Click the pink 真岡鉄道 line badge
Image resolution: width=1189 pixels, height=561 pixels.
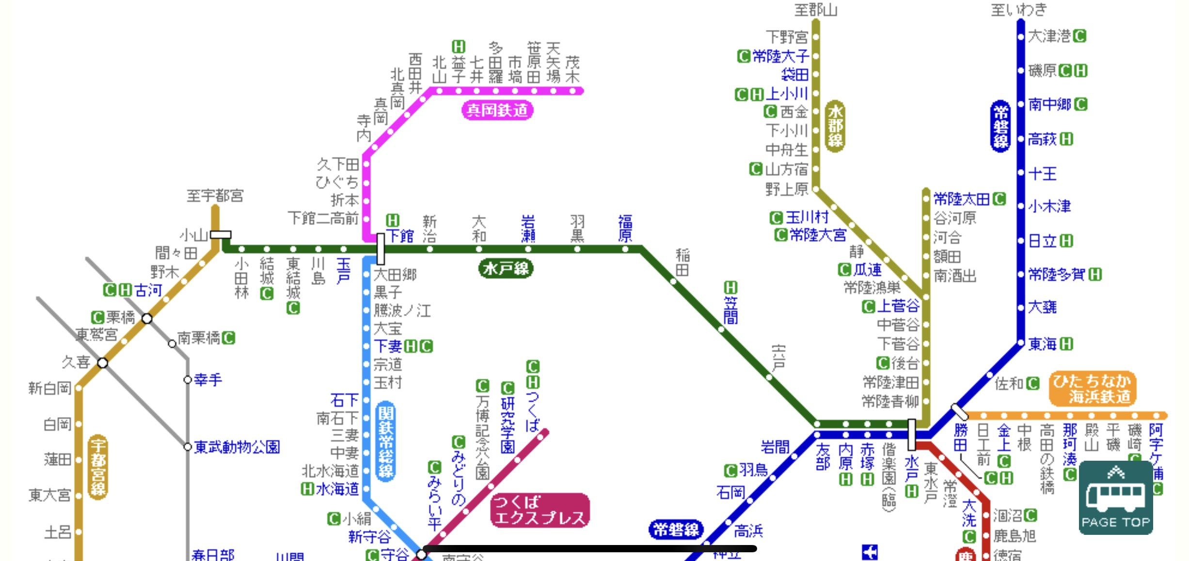(x=497, y=110)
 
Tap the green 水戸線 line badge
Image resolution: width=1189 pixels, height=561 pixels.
(x=506, y=268)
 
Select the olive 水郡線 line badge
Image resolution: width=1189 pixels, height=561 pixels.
(x=835, y=126)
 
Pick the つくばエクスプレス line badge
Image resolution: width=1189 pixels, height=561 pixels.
(x=540, y=510)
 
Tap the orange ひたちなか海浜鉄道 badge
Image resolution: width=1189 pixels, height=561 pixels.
(x=1093, y=389)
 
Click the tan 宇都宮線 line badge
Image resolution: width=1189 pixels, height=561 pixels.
(x=98, y=467)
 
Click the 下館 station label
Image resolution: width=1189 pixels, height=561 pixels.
(x=400, y=236)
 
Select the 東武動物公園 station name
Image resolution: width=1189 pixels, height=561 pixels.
(x=237, y=447)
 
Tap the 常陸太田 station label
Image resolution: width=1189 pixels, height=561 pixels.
(x=962, y=199)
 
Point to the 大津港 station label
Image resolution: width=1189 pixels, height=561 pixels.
(x=1049, y=36)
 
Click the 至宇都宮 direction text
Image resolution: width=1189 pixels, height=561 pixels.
(x=215, y=196)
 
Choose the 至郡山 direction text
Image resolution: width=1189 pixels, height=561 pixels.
(x=816, y=10)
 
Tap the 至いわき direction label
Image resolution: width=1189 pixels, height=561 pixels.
(x=1019, y=10)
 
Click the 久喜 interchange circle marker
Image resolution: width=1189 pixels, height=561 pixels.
(x=103, y=363)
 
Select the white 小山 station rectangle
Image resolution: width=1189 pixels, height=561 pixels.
(x=221, y=234)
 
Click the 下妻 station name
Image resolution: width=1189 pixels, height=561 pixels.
(x=388, y=346)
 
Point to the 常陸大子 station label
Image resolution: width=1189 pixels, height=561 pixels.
(x=780, y=56)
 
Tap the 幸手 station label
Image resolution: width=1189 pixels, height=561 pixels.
(x=208, y=379)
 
